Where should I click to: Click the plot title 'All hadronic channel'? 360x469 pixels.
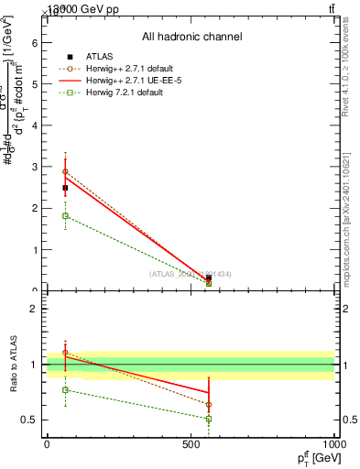[x=191, y=37]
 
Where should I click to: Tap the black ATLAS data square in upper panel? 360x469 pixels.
[x=65, y=188]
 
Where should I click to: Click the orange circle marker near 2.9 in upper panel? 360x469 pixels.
[x=65, y=171]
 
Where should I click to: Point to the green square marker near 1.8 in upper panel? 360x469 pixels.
[x=65, y=215]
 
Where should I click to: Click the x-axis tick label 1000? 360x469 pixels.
[x=332, y=443]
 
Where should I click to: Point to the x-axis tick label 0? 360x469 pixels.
[x=47, y=443]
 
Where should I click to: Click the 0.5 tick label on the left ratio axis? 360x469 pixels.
[x=29, y=420]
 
